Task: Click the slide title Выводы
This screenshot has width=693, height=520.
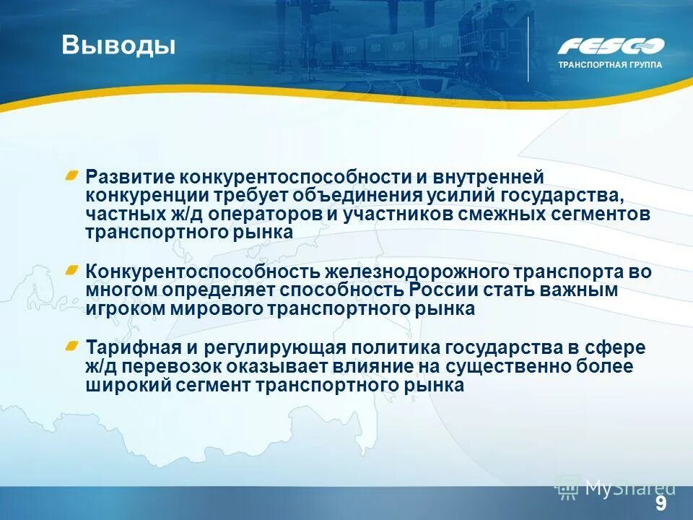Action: [x=118, y=45]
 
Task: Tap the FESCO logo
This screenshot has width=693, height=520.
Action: [x=610, y=46]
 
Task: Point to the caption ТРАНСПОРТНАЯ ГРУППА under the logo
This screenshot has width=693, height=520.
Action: [x=610, y=64]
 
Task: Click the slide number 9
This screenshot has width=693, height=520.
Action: [x=661, y=503]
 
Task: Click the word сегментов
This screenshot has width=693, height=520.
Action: [x=601, y=214]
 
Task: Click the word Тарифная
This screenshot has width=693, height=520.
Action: [x=129, y=347]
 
